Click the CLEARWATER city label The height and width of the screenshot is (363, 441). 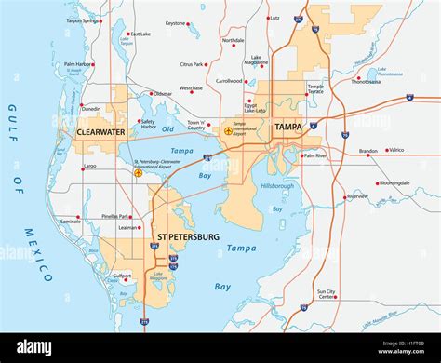click(100, 132)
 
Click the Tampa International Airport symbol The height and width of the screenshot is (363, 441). click(229, 131)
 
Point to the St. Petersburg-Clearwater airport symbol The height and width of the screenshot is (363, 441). click(139, 172)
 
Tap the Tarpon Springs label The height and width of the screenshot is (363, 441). click(83, 20)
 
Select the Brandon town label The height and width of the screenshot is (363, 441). click(368, 150)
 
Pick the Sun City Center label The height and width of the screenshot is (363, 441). click(325, 296)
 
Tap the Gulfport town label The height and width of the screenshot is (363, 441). click(121, 276)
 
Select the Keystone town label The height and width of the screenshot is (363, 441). click(176, 23)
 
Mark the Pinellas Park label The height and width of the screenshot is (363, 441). click(117, 216)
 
